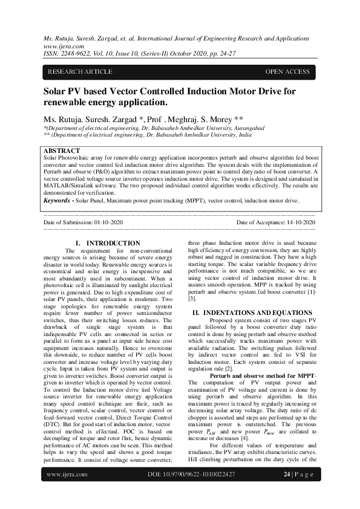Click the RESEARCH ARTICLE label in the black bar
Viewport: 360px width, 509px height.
(x=80, y=72)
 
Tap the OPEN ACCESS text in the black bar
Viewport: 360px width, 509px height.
(x=287, y=72)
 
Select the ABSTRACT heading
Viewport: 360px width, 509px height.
(x=62, y=151)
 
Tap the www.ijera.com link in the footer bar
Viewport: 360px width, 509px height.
(x=65, y=491)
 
